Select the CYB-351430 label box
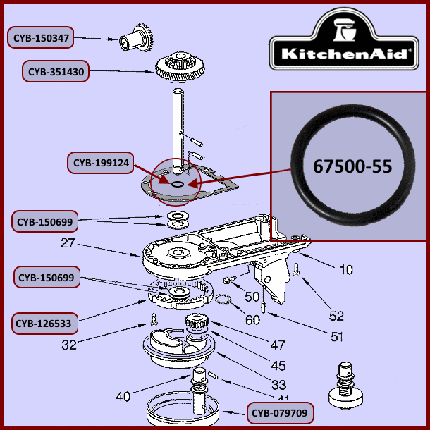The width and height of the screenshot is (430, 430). (x=56, y=71)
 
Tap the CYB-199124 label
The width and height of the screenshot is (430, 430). (x=100, y=164)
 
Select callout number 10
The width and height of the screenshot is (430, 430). (x=345, y=269)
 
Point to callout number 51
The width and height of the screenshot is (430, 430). (x=336, y=337)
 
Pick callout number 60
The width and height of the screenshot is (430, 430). (x=252, y=319)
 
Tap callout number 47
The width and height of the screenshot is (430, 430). (x=278, y=345)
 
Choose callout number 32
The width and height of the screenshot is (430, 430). (x=68, y=345)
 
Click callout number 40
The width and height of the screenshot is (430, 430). (x=123, y=397)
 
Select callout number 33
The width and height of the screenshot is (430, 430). (x=278, y=385)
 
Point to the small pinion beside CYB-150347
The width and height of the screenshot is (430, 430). (x=138, y=35)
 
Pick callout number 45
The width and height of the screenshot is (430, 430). (x=278, y=366)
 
